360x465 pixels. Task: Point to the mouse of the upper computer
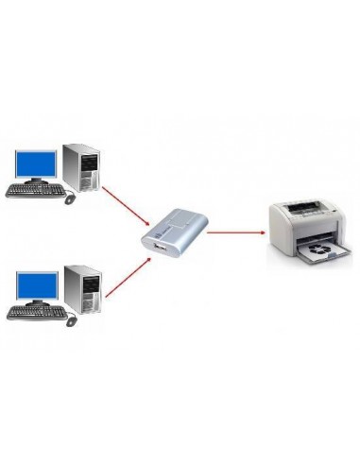coord(70,198)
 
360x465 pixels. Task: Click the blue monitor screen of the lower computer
coord(35,284)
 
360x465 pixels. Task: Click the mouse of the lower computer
coord(70,319)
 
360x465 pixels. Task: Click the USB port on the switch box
coord(157,248)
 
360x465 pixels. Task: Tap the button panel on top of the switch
coord(180,222)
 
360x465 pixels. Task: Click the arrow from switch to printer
coord(232,231)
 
